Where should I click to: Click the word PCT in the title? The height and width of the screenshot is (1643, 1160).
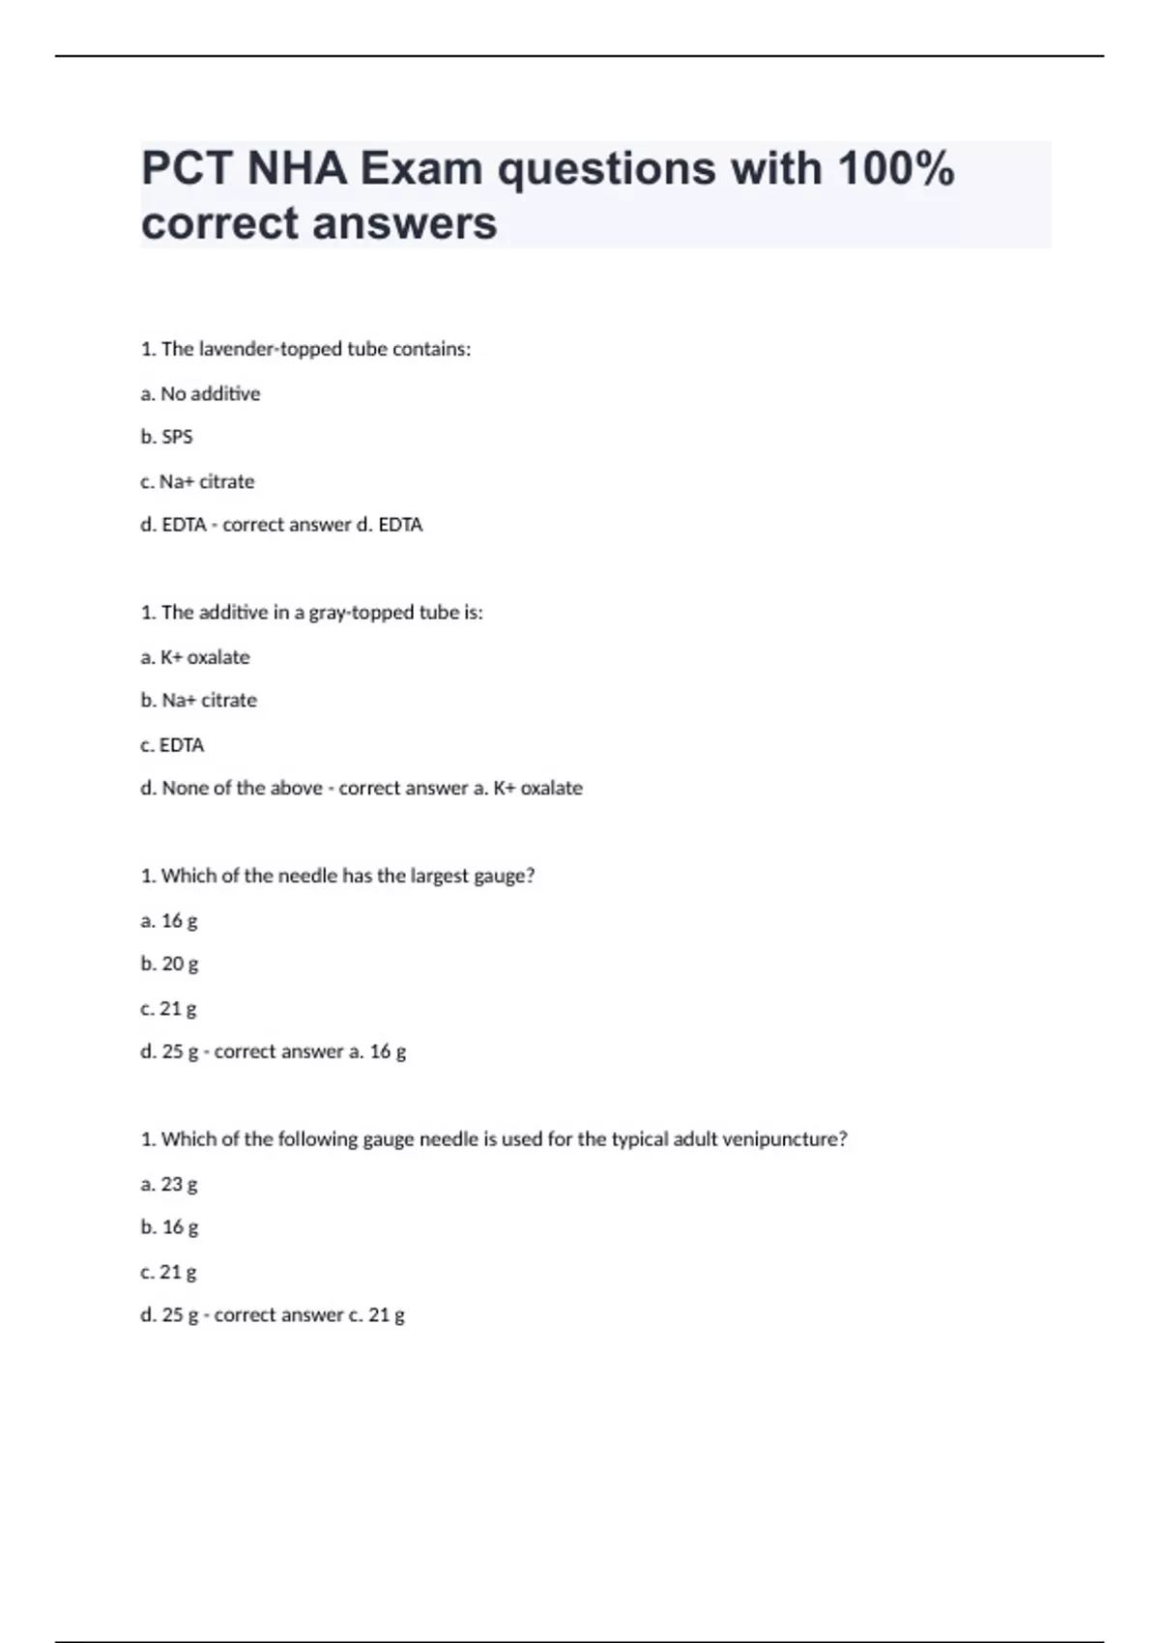[188, 169]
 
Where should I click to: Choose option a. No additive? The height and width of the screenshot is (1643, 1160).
[200, 393]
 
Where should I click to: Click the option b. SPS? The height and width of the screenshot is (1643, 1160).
[166, 437]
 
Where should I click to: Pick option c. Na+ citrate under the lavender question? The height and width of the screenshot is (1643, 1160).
[197, 481]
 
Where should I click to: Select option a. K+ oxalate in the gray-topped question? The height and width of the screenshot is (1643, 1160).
[195, 657]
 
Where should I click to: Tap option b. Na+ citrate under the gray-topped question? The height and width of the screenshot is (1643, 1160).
[198, 700]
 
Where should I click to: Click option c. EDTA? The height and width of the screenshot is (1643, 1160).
[172, 745]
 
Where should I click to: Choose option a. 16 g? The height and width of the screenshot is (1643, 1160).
[169, 920]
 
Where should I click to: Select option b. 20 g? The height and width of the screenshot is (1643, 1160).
[169, 964]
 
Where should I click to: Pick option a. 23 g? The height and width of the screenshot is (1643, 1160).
[169, 1184]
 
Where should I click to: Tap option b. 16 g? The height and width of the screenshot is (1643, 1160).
[169, 1227]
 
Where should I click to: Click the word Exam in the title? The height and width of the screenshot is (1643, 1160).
[421, 169]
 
